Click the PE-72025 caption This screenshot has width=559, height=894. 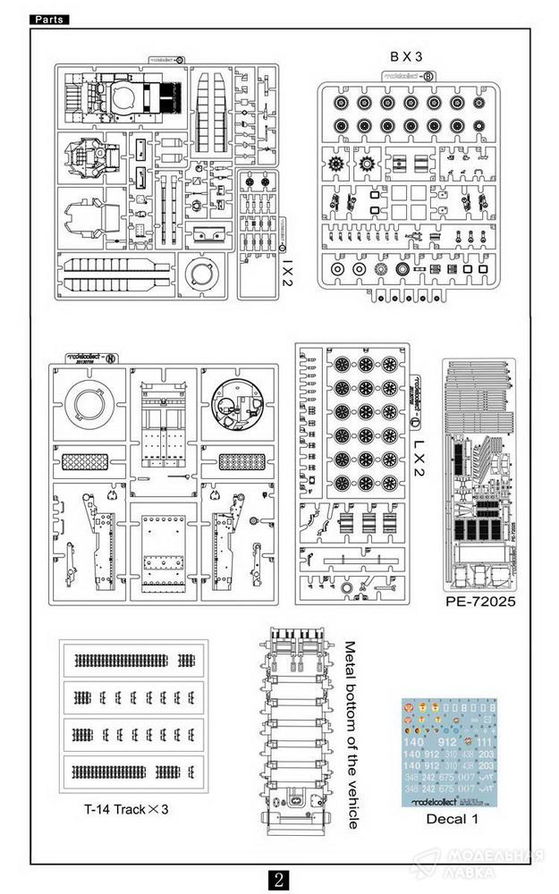coord(479,602)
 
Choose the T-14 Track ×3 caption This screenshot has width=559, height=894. coord(126,809)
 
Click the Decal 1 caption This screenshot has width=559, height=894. coord(448,819)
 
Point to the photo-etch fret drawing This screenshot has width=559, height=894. coord(479,472)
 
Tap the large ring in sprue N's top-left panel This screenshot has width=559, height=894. coord(89,406)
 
